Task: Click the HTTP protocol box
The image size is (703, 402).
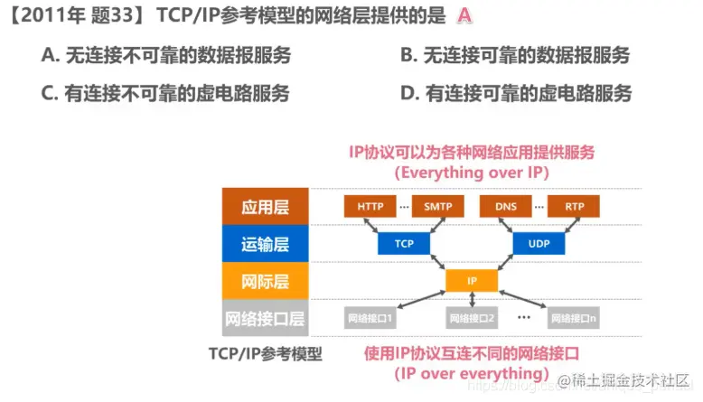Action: pyautogui.click(x=370, y=206)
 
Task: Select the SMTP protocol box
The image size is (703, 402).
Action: pyautogui.click(x=437, y=206)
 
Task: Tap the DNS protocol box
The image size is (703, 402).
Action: pyautogui.click(x=506, y=206)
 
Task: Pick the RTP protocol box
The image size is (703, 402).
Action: pyautogui.click(x=574, y=206)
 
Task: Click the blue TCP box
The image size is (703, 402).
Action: pyautogui.click(x=404, y=243)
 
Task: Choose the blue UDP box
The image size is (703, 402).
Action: pyautogui.click(x=539, y=243)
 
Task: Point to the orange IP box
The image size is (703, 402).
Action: pyautogui.click(x=472, y=281)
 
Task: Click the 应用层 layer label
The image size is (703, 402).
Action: pyautogui.click(x=265, y=207)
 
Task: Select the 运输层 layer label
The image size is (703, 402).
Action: pyautogui.click(x=265, y=244)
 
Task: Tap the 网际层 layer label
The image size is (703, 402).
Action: pyautogui.click(x=265, y=281)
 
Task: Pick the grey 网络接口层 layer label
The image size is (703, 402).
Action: pyautogui.click(x=265, y=318)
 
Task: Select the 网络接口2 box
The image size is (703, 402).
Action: pyautogui.click(x=472, y=318)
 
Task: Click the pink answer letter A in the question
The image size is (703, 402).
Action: pyautogui.click(x=464, y=16)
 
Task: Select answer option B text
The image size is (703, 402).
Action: pyautogui.click(x=515, y=56)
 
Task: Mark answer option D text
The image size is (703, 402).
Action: pyautogui.click(x=515, y=93)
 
